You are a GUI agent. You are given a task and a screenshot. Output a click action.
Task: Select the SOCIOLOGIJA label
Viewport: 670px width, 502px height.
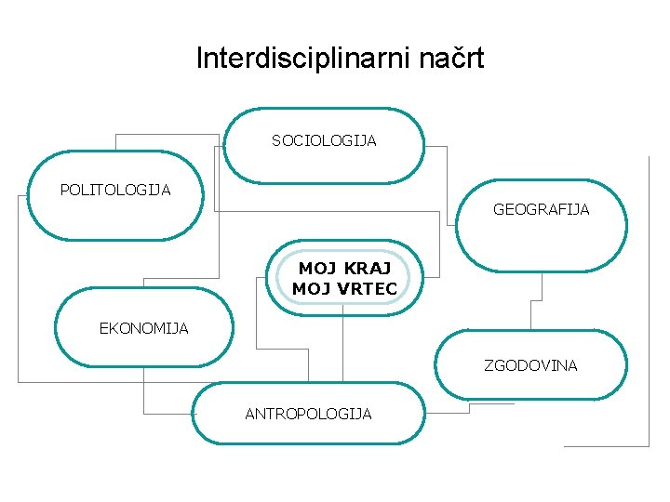(x=324, y=141)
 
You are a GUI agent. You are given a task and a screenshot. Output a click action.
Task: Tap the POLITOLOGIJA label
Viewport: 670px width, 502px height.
(x=115, y=191)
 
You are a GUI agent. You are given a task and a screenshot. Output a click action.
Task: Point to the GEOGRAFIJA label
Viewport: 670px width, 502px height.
(x=541, y=210)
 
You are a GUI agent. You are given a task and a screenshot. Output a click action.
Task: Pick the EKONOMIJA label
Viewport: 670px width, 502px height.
(x=143, y=328)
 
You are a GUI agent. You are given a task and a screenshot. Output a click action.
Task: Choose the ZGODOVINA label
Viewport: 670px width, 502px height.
(x=530, y=365)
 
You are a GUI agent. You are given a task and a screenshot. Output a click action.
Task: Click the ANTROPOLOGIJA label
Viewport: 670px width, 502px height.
(x=308, y=414)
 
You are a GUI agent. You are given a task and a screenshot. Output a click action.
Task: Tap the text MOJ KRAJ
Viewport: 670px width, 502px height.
(x=344, y=269)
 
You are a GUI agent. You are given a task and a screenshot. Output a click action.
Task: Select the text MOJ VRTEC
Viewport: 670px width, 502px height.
(x=344, y=289)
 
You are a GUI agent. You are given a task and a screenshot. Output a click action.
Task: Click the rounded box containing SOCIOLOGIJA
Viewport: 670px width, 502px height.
(x=324, y=163)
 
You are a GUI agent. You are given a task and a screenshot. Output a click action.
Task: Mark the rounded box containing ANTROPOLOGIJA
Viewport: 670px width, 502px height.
(x=308, y=429)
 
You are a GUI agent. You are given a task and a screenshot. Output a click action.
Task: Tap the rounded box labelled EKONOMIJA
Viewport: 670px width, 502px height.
(x=143, y=349)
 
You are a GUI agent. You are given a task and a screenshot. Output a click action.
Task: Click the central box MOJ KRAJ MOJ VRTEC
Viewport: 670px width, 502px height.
(x=344, y=278)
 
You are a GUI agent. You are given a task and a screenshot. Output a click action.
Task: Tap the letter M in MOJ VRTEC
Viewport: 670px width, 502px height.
(x=300, y=289)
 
